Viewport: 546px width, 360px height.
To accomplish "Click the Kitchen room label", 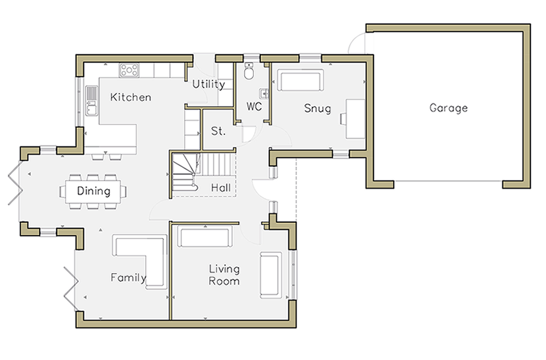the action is (131, 97).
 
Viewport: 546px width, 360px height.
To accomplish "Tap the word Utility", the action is (209, 84).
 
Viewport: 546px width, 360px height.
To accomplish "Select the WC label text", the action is (254, 107).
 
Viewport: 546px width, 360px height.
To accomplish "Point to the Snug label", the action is (317, 108).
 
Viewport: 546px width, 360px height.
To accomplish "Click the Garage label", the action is (448, 108).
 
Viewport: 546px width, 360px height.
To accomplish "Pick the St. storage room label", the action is (218, 131).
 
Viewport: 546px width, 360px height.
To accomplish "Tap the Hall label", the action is (221, 188).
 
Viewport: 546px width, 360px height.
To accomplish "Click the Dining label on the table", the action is (93, 191).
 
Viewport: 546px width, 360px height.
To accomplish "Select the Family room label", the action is (128, 277).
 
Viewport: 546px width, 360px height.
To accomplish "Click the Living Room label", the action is (224, 275).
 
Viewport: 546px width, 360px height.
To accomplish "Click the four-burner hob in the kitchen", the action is (129, 70).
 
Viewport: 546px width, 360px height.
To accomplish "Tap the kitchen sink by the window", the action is (92, 101).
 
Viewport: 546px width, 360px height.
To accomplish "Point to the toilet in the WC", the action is (249, 71).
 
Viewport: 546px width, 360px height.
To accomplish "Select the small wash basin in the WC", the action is (264, 93).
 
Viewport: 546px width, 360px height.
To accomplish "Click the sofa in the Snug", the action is (300, 80).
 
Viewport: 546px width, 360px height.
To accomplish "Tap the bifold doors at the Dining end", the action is (15, 184).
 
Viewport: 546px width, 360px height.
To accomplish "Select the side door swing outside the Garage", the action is (356, 42).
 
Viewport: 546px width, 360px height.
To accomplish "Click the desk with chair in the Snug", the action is (353, 119).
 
